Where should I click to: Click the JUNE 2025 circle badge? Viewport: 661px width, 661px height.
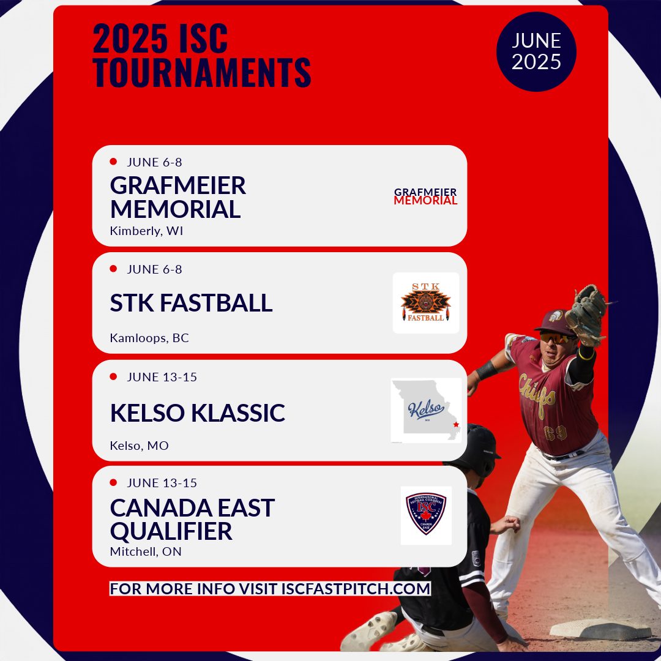click(x=536, y=51)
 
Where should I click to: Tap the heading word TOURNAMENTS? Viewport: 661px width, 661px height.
click(x=202, y=72)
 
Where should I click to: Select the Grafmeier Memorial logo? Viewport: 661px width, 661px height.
click(x=425, y=196)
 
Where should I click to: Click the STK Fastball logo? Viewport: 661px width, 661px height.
click(x=425, y=303)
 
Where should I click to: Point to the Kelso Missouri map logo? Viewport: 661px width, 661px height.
click(x=426, y=410)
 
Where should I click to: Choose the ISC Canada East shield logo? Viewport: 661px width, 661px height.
click(x=426, y=515)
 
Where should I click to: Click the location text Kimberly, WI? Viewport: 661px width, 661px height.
click(x=146, y=231)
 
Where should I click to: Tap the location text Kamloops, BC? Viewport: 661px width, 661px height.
click(x=149, y=338)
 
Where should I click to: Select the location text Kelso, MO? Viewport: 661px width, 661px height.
click(x=139, y=445)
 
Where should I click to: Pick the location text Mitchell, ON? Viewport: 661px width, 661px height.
click(x=146, y=551)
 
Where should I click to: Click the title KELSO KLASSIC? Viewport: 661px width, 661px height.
click(x=197, y=413)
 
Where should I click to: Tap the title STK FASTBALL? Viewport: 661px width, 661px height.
click(x=191, y=303)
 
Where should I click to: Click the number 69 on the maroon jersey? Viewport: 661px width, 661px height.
click(x=556, y=433)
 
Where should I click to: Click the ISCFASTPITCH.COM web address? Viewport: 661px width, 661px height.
click(x=356, y=589)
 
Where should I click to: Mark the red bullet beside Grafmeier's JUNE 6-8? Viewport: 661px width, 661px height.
click(x=113, y=162)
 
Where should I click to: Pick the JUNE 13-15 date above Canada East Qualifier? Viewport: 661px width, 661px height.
click(x=162, y=483)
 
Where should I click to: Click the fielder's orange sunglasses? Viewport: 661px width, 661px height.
click(x=556, y=337)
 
